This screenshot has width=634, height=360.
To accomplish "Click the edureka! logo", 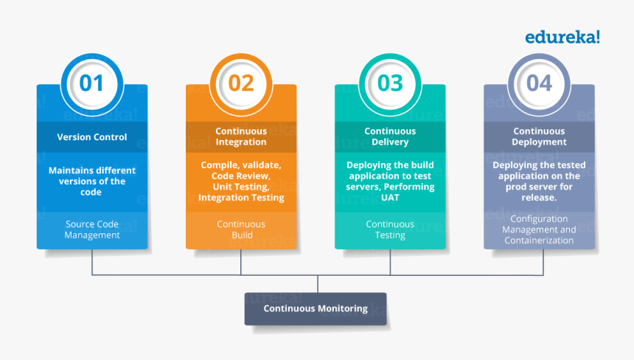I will (x=562, y=36).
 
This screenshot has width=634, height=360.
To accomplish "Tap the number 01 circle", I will (x=92, y=83).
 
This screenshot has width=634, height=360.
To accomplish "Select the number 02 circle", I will (x=241, y=83).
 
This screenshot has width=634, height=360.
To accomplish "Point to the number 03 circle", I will (x=390, y=83).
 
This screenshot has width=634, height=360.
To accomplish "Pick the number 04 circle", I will (x=539, y=83).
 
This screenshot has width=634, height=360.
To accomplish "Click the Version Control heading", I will (x=92, y=136).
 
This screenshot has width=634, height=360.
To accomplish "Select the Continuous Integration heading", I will (x=241, y=136).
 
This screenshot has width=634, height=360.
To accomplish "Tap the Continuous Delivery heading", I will (x=390, y=136).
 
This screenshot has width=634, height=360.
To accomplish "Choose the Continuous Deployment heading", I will (x=539, y=136).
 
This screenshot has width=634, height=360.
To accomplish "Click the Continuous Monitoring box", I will (x=316, y=308).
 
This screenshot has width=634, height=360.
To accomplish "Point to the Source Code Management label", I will (x=92, y=229).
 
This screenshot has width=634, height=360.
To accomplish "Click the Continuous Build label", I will (x=241, y=229).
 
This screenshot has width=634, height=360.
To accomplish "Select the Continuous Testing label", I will (x=390, y=229).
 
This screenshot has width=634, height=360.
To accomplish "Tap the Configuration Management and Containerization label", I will (x=539, y=229).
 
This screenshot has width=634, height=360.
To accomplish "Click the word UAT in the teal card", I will (x=390, y=198).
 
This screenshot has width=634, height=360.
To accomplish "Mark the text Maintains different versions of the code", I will (x=92, y=181).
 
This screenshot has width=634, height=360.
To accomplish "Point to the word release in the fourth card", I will (x=539, y=198).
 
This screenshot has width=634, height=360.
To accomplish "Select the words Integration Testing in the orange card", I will (x=241, y=198).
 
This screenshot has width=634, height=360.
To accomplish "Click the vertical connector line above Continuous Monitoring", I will (x=318, y=284).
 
